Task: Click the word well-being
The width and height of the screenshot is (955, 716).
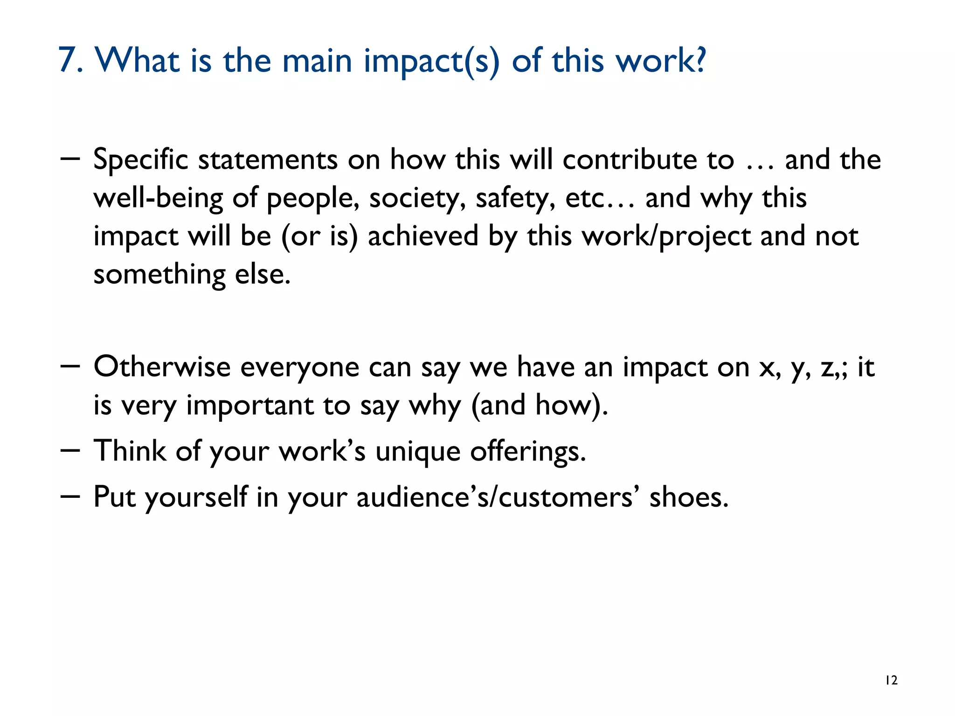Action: coord(158,199)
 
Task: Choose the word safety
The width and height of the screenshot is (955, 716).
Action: coord(515,199)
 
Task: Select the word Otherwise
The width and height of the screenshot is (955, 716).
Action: coord(162,366)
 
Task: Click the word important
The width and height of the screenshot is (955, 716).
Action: coord(249,406)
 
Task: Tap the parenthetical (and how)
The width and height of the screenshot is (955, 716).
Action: coord(540,406)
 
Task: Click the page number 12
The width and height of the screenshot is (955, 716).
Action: coord(891,681)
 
